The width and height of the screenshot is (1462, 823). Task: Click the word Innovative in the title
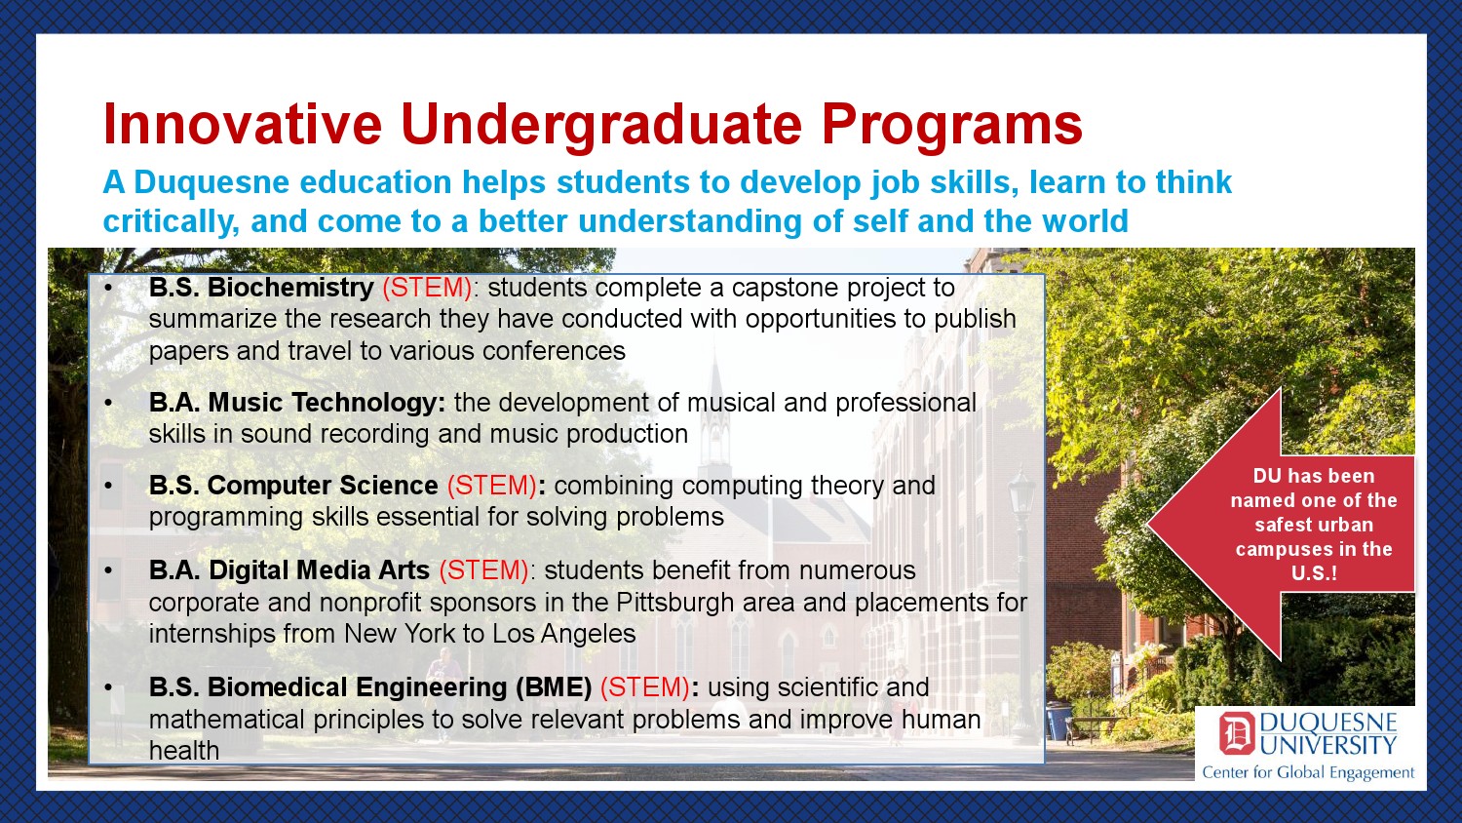242,124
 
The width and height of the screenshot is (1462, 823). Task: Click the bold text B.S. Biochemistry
261,288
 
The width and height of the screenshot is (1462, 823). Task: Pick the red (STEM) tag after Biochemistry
427,288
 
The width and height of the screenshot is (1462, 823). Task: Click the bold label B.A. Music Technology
297,403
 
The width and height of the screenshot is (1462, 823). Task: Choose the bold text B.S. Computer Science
293,486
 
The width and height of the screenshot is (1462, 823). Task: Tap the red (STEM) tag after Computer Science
491,486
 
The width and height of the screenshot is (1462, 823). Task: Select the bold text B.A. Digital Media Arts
289,570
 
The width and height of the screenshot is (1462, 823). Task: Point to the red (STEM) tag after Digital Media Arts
483,570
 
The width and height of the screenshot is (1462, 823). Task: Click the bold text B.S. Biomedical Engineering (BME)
370,687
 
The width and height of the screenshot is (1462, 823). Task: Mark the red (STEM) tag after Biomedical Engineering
645,687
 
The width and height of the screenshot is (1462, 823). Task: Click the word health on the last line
184,751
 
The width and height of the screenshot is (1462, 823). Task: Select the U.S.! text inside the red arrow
1314,573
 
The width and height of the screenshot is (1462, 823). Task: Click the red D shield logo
1236,734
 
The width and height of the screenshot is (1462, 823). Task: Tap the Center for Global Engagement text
1308,772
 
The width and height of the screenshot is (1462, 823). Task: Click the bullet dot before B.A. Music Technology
108,403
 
